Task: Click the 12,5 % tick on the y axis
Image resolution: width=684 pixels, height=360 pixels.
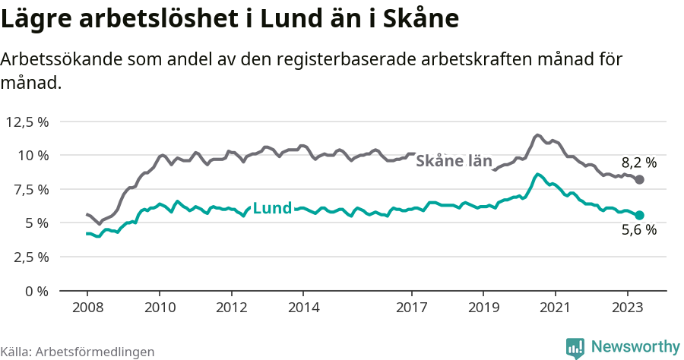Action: point(27,122)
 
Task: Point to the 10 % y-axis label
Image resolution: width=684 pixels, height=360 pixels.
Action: point(33,156)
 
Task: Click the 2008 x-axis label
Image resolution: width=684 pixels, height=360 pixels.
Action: point(87,308)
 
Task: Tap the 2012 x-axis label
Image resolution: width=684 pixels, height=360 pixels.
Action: point(231,308)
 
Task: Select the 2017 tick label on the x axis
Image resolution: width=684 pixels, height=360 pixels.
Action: point(412,308)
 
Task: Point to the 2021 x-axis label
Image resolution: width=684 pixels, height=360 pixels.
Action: point(556,308)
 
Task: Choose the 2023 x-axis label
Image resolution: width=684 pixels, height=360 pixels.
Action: point(628,308)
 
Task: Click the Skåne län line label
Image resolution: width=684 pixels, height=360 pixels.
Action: point(454,161)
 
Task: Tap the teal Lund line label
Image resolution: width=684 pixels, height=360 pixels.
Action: point(271,208)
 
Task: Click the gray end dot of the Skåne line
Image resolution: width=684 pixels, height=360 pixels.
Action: point(640,179)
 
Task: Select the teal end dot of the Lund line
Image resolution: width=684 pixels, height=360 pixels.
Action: point(640,215)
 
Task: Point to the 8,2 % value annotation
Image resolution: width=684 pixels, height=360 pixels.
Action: point(638,162)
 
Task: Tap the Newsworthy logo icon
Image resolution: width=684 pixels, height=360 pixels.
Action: point(575,347)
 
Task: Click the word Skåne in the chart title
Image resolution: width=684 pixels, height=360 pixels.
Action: point(426,18)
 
